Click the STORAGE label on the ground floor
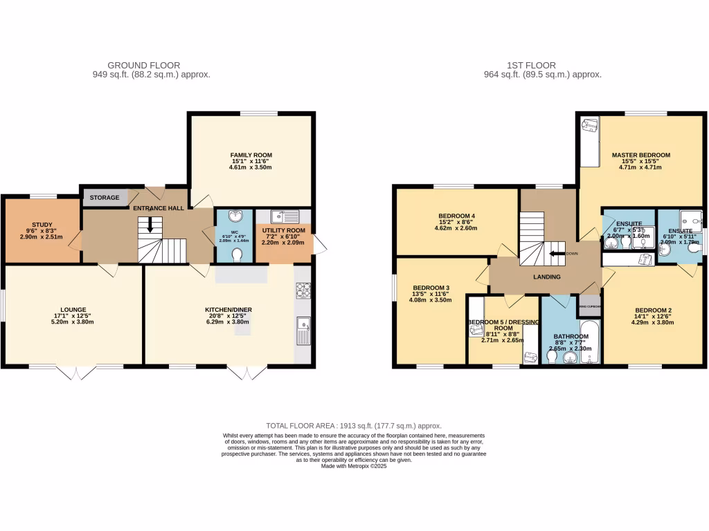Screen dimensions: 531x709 click(104, 198)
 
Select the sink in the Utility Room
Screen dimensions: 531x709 click(285, 216)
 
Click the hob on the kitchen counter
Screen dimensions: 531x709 click(303, 290)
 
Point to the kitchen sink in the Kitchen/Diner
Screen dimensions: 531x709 click(303, 331)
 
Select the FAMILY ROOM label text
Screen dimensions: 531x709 click(251, 155)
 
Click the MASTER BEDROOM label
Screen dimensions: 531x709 click(640, 155)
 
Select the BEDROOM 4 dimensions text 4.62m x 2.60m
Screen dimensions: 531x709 click(456, 228)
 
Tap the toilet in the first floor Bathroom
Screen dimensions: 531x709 click(552, 357)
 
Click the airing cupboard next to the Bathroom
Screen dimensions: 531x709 click(590, 306)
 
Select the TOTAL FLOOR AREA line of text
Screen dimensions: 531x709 click(354, 426)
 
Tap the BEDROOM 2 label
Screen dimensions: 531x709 click(640, 310)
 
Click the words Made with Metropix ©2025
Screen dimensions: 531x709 click(354, 466)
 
